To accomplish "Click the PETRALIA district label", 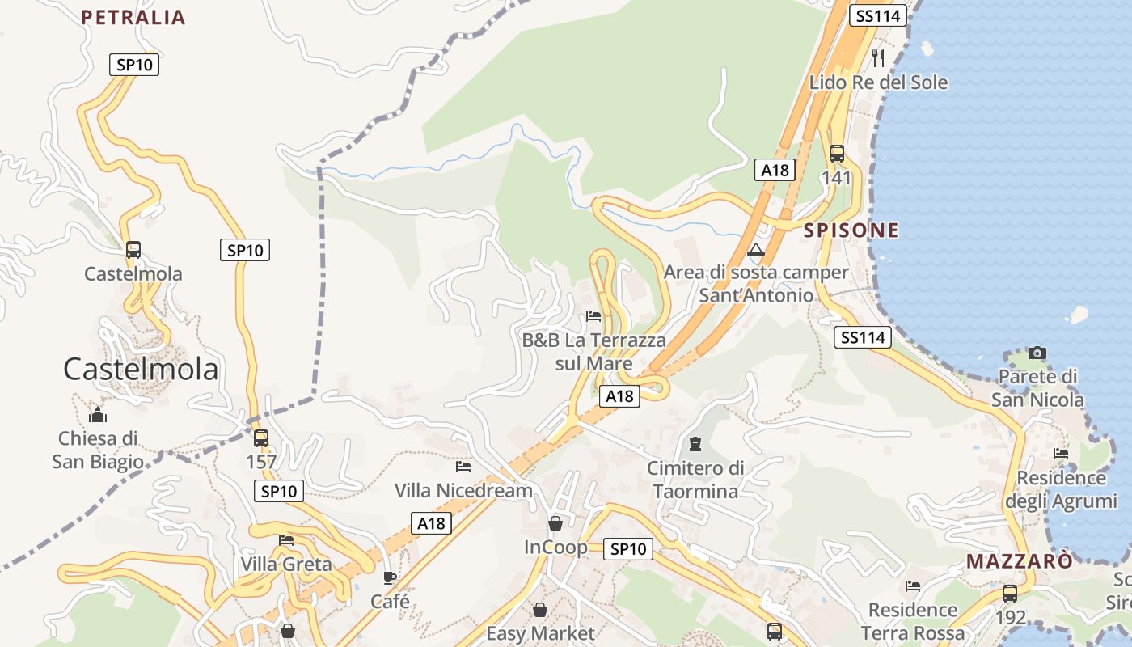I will pyautogui.click(x=133, y=17).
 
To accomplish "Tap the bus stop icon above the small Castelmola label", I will pyautogui.click(x=133, y=250).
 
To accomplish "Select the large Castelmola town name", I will pyautogui.click(x=141, y=370).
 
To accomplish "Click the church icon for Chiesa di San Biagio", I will pyautogui.click(x=98, y=416).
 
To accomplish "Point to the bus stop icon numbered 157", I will pyautogui.click(x=261, y=438).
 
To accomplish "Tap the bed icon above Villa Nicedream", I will pyautogui.click(x=463, y=466).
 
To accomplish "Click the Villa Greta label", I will pyautogui.click(x=286, y=564).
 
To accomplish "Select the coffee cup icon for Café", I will pyautogui.click(x=390, y=577).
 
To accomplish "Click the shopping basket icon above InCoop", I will pyautogui.click(x=555, y=523).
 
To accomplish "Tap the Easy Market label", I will pyautogui.click(x=540, y=633).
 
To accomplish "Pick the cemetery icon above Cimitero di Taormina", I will pyautogui.click(x=695, y=443).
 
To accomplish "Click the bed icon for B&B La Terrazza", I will pyautogui.click(x=593, y=315).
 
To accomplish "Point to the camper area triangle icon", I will pyautogui.click(x=756, y=249).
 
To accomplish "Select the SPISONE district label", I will pyautogui.click(x=851, y=230).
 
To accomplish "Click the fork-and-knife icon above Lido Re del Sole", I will pyautogui.click(x=878, y=57).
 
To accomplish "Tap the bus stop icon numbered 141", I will pyautogui.click(x=837, y=153).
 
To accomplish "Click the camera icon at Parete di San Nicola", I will pyautogui.click(x=1037, y=353).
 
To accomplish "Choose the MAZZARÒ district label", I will pyautogui.click(x=1020, y=561).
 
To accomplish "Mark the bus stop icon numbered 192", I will pyautogui.click(x=1010, y=594).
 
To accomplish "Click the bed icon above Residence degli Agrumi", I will pyautogui.click(x=1061, y=453).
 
